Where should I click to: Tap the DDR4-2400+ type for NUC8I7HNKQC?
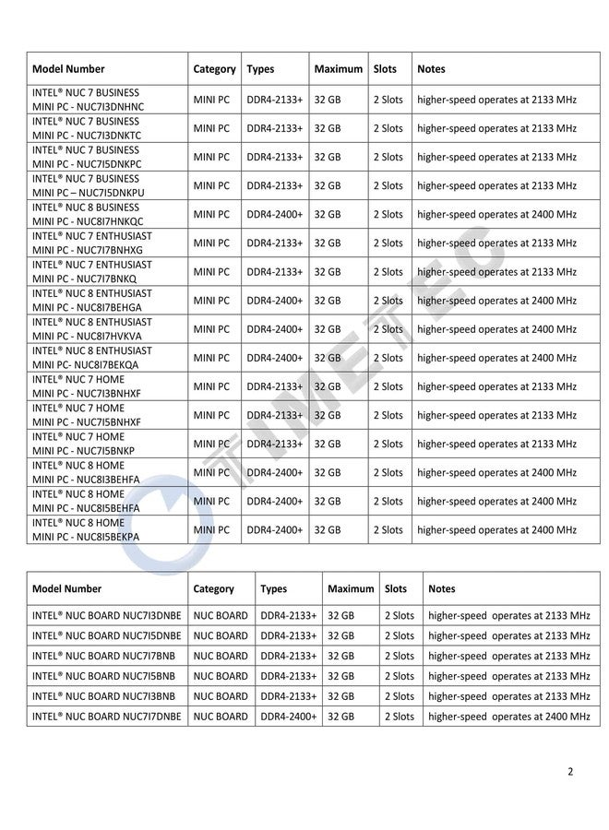point(274,214)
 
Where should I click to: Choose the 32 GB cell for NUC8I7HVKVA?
point(328,329)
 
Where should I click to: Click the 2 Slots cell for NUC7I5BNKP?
point(388,444)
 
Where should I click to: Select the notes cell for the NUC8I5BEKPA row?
point(496,530)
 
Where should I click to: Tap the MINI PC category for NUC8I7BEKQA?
point(211,358)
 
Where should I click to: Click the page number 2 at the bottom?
point(570,771)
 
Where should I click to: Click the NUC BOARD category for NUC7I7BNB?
point(220,656)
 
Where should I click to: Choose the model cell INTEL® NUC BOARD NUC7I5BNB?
point(106,676)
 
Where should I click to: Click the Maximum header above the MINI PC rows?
point(338,69)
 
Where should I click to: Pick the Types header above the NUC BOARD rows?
point(273,588)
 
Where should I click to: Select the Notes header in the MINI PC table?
point(431,69)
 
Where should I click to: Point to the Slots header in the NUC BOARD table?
point(395,588)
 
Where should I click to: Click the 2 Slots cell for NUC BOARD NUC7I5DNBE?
point(399,635)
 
